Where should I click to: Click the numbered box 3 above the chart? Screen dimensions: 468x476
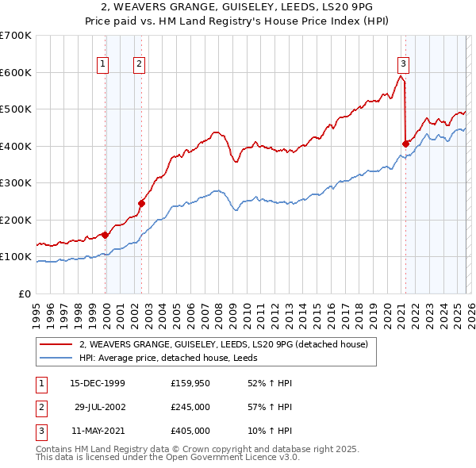(403, 64)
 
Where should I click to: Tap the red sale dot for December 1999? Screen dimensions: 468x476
(106, 235)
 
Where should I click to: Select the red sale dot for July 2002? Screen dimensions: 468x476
(142, 203)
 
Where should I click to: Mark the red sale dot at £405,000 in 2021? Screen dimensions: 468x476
(405, 144)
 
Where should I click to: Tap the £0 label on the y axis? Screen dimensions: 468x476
(24, 293)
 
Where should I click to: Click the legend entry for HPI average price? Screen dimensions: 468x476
(174, 358)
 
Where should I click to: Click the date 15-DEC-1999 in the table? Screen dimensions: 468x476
(98, 383)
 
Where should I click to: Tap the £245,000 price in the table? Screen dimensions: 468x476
(190, 407)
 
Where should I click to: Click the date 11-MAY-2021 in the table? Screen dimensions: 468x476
(98, 431)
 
